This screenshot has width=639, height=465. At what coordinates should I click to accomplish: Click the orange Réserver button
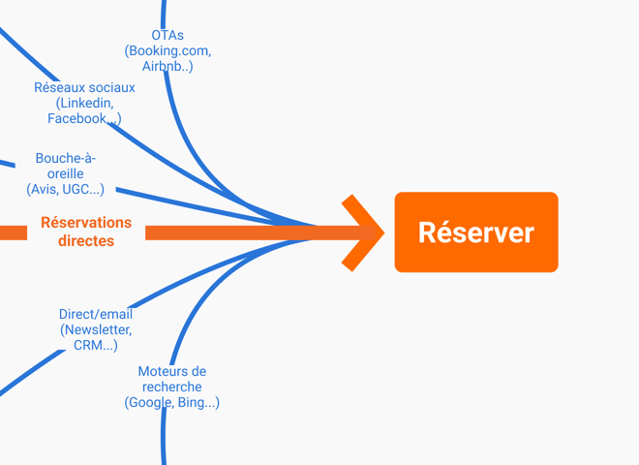tap(475, 232)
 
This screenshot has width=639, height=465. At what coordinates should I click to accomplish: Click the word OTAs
tap(167, 36)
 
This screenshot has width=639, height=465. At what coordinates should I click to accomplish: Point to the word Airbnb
tap(165, 67)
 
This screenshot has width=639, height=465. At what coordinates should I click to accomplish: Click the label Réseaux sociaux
tap(84, 87)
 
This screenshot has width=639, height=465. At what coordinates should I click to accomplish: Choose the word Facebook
tap(79, 118)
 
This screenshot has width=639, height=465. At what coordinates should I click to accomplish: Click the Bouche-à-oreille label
tap(66, 166)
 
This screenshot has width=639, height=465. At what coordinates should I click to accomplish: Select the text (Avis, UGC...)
tap(66, 190)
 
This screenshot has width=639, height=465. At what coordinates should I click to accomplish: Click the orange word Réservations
tap(86, 223)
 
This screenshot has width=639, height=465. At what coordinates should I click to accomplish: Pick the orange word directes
tap(86, 241)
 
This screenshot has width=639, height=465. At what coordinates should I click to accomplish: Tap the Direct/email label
tap(96, 314)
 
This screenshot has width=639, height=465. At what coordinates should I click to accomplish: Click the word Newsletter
tap(98, 329)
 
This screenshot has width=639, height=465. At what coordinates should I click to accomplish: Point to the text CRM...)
tap(96, 345)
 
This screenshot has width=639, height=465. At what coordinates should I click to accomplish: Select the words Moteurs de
tap(171, 371)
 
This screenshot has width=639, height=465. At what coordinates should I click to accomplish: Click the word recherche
tap(171, 387)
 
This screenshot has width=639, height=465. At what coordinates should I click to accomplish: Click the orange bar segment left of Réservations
tap(13, 232)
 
